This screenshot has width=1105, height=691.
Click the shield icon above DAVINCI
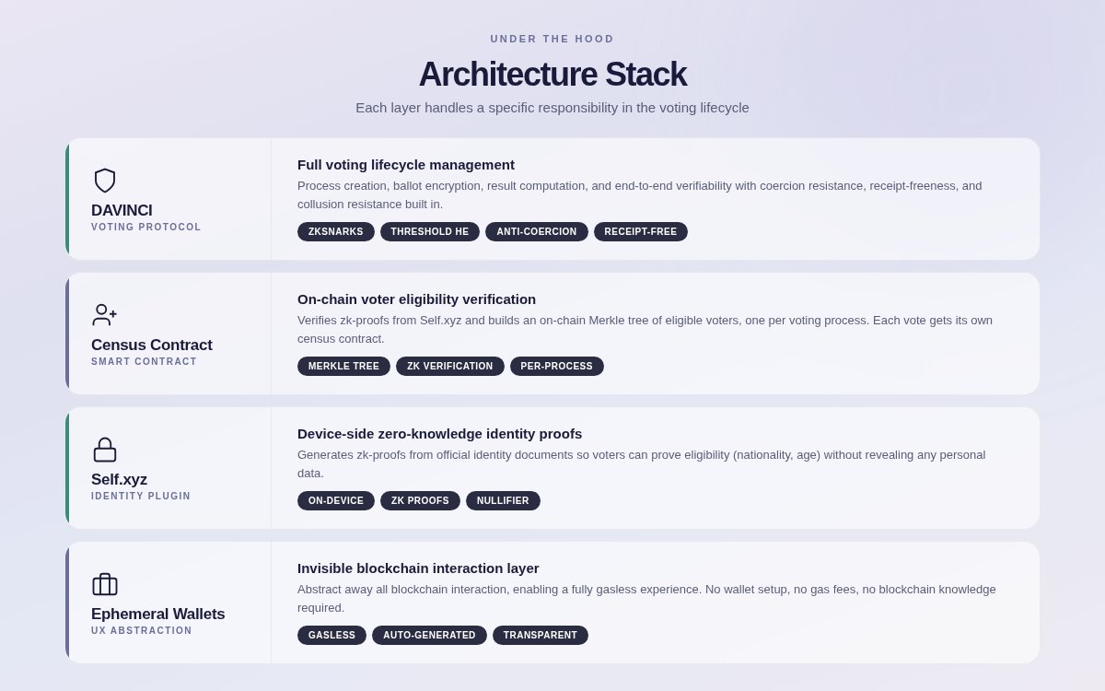105,181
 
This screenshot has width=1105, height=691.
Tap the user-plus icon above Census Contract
105,315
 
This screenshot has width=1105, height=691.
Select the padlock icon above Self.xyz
105,450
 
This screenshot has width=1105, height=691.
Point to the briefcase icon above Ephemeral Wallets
105,584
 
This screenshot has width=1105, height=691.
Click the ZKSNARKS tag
336,232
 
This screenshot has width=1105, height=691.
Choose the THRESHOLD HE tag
430,232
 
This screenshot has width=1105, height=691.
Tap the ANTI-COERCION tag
537,232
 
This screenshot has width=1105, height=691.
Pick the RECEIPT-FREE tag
641,232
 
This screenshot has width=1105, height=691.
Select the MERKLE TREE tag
343,367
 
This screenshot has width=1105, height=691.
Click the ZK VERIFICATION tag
450,367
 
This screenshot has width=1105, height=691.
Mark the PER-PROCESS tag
557,367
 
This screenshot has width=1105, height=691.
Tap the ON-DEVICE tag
336,501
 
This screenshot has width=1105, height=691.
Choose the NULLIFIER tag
503,501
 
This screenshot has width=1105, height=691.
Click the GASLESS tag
331,636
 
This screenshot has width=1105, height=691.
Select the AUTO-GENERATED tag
429,636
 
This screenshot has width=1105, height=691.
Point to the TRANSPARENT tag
541,636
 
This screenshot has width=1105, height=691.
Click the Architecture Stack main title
552,75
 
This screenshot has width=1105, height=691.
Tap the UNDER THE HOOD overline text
552,39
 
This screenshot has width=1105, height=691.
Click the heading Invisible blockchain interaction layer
418,568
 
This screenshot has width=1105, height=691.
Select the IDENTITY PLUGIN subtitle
141,497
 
